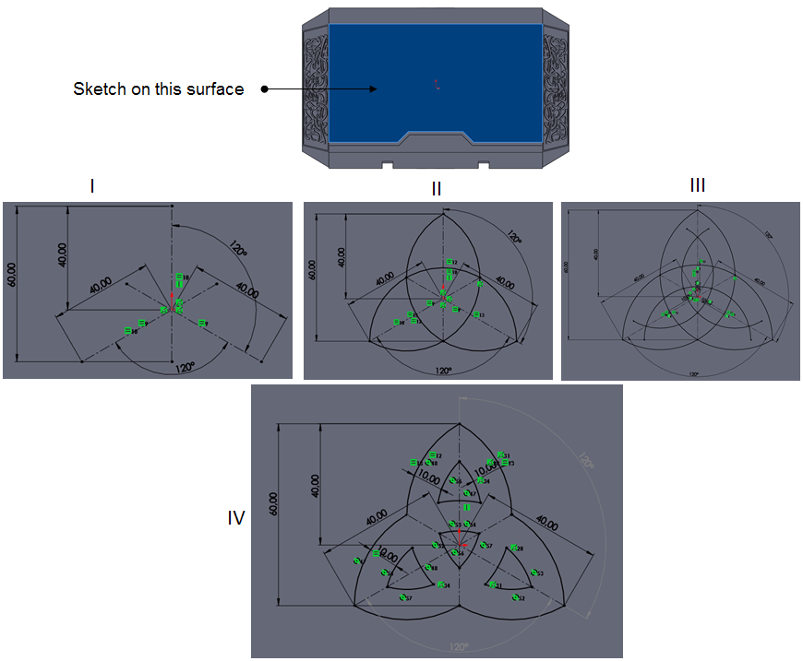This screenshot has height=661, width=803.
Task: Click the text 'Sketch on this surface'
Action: point(159,89)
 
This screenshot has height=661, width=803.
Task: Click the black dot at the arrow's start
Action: point(264,89)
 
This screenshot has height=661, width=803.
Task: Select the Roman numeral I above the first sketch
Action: point(92,186)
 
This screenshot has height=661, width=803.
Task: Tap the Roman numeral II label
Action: point(437,189)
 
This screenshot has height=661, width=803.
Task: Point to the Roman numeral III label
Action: point(698,185)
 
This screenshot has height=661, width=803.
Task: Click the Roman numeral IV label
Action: point(236,519)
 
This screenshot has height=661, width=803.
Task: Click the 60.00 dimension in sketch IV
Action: point(274,502)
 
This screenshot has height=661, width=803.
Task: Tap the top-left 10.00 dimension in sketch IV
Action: point(426,478)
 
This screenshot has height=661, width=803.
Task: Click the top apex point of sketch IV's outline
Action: point(461,423)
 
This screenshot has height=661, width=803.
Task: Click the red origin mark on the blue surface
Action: point(437,84)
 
